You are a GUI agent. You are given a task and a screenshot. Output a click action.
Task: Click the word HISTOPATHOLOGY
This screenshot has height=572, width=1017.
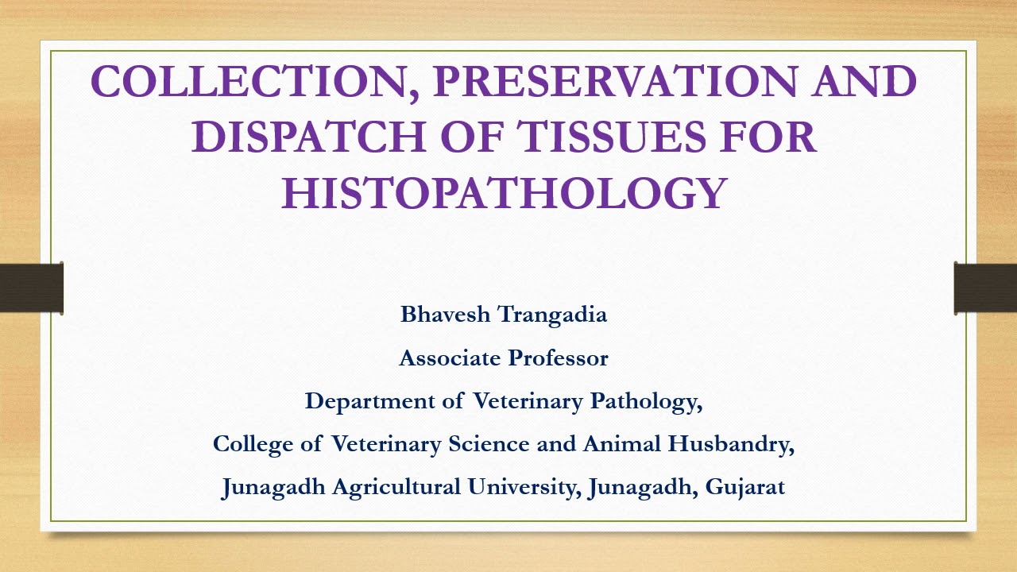pyautogui.click(x=504, y=193)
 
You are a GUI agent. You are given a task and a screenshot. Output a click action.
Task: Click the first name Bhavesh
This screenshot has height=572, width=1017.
pyautogui.click(x=446, y=315)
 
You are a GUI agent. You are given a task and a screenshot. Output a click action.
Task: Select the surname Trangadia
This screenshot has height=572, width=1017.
pyautogui.click(x=553, y=315)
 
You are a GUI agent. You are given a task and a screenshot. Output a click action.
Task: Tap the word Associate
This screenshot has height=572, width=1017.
pyautogui.click(x=449, y=358)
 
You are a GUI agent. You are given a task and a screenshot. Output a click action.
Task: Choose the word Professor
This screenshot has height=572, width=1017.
pyautogui.click(x=559, y=358)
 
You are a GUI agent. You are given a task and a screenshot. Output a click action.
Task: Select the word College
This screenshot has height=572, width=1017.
pyautogui.click(x=253, y=444)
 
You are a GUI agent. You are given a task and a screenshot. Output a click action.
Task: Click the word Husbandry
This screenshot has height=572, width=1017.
pyautogui.click(x=731, y=444)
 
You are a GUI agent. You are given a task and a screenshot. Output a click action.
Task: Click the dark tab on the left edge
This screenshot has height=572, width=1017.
pyautogui.click(x=32, y=288)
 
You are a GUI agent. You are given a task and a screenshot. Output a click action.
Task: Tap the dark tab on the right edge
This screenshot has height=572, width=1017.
pyautogui.click(x=985, y=288)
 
